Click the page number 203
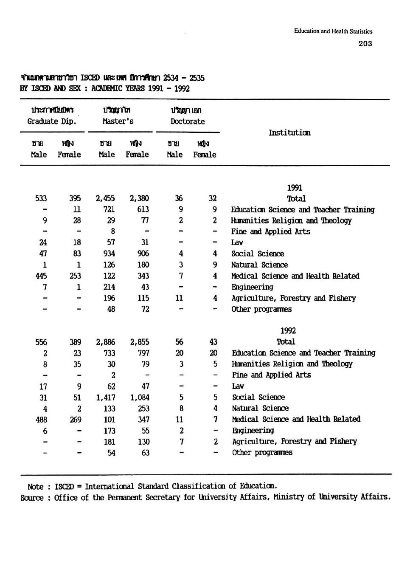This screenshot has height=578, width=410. click(x=365, y=43)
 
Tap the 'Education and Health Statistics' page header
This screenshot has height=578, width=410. click(x=333, y=31)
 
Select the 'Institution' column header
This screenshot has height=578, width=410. click(x=289, y=133)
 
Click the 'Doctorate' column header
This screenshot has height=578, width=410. click(x=188, y=121)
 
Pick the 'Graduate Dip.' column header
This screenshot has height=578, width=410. click(x=52, y=121)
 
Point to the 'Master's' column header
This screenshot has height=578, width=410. click(x=118, y=121)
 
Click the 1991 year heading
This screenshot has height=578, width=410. click(x=295, y=188)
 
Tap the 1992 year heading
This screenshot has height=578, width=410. click(x=288, y=331)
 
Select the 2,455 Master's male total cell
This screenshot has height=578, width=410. click(x=105, y=198)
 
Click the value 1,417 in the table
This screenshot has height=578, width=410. click(x=106, y=398)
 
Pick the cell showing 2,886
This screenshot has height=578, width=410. click(x=106, y=342)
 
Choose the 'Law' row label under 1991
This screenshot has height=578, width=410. click(x=237, y=242)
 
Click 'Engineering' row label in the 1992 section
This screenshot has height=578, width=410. click(x=253, y=430)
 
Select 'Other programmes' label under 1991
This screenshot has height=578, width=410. click(x=261, y=309)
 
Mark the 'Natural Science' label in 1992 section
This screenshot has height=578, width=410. click(x=260, y=408)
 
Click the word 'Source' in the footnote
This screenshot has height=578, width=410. click(x=32, y=498)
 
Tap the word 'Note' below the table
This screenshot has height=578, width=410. click(x=36, y=487)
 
